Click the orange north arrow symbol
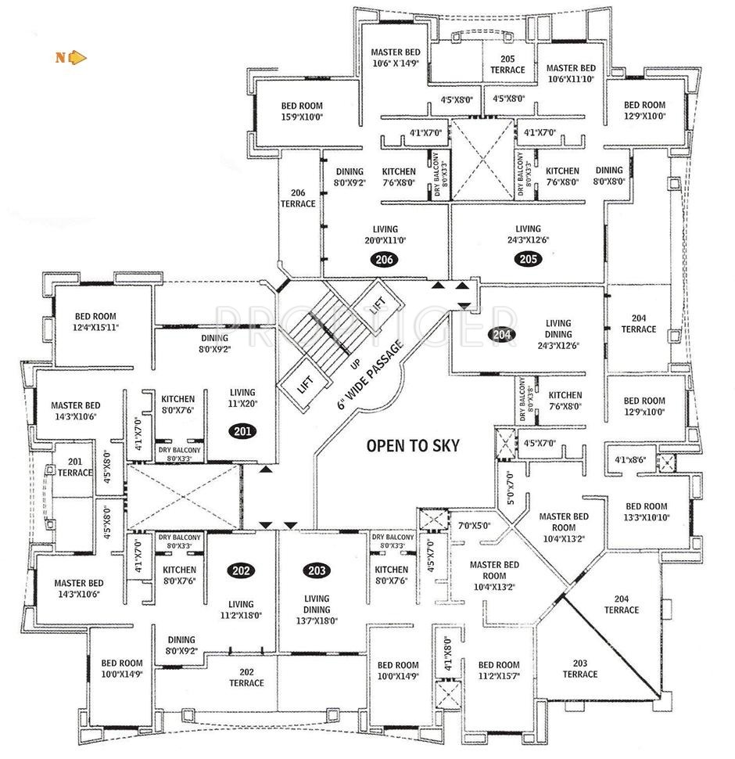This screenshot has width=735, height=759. point(77,56)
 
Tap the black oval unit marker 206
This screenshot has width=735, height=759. point(385,260)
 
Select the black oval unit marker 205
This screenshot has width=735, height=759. point(525,260)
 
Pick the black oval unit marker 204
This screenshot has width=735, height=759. point(502,334)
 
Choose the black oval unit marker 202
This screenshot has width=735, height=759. point(241,570)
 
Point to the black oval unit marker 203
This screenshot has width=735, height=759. point(316,570)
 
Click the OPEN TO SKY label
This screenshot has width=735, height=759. point(413,446)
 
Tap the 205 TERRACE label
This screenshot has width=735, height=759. point(507,64)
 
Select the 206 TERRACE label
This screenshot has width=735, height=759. point(298,198)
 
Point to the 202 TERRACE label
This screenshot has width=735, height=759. point(246,677)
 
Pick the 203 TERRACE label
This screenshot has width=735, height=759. point(579,668)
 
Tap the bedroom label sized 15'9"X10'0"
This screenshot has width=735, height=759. point(301,111)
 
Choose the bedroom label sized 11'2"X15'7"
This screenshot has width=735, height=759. point(498,670)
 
